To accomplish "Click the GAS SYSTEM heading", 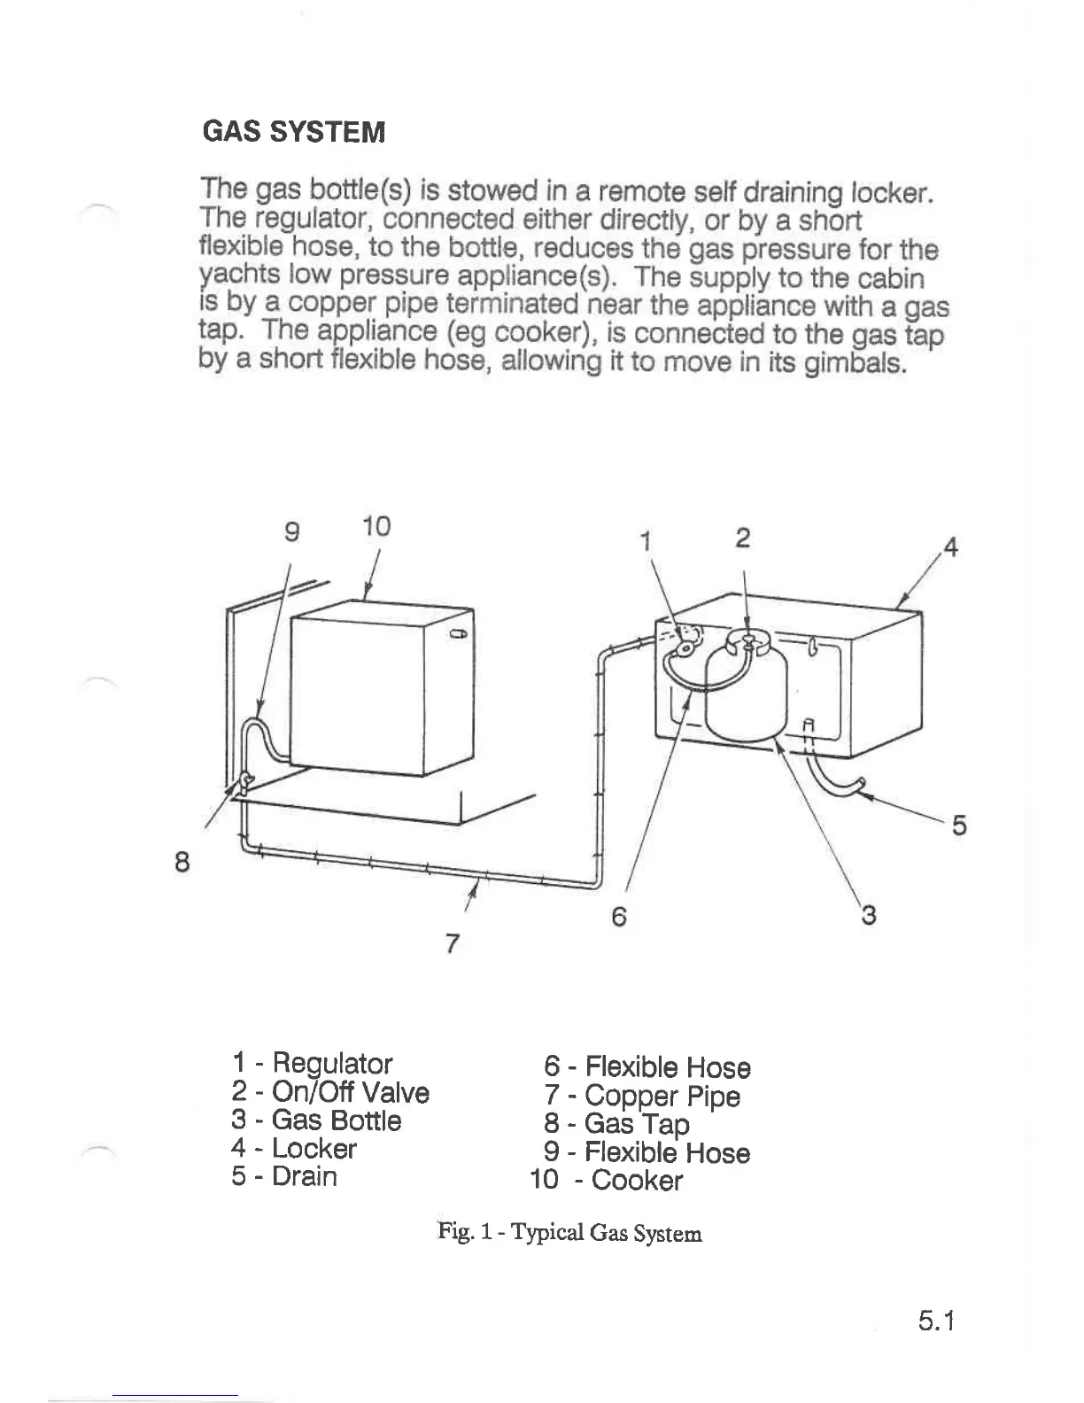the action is pos(294,132).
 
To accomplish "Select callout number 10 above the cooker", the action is pos(376,526).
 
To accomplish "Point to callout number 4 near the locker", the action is pos(950,547).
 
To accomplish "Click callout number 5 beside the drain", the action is pos(958,826).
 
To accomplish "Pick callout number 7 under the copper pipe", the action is pos(452,944).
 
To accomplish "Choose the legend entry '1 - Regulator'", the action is pos(312,1063).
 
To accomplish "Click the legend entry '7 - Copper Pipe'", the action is pos(642,1096).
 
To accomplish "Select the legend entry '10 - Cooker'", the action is pos(607,1180).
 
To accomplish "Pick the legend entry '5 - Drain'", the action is pos(284,1176).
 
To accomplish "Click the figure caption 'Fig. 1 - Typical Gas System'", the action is pos(569,1232).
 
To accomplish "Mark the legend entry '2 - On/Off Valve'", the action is pos(330,1092).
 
